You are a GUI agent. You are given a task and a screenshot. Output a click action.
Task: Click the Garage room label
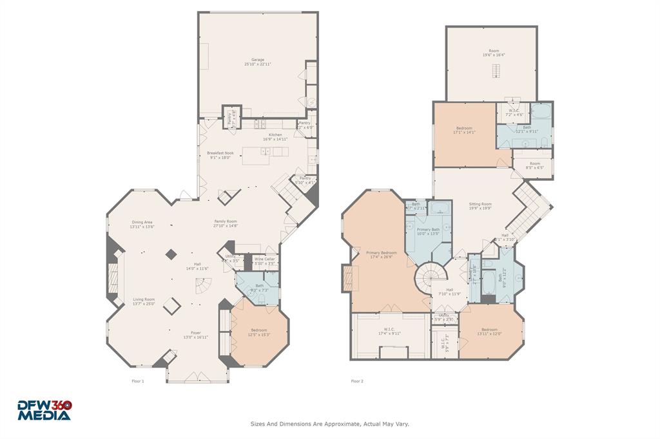(x=258, y=60)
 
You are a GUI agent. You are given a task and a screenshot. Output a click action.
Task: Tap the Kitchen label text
(x=275, y=135)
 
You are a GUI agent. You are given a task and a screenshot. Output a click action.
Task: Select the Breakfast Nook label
(x=220, y=153)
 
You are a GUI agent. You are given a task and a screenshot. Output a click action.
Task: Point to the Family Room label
(x=226, y=221)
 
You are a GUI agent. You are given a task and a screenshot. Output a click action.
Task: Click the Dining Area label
(x=142, y=222)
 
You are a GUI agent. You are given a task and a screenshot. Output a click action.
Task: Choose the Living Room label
(x=144, y=299)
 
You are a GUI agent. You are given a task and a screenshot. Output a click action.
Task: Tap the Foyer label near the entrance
(x=195, y=333)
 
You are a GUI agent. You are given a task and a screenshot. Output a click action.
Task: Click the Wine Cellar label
(x=264, y=259)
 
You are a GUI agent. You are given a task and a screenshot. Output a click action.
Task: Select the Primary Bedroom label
(x=382, y=253)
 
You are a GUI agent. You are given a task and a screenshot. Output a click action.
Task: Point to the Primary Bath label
(x=428, y=229)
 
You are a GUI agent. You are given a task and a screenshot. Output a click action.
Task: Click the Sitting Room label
(x=480, y=204)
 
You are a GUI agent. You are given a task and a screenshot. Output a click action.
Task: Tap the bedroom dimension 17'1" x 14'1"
(x=464, y=133)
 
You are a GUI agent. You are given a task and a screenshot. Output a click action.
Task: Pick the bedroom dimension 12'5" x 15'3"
(x=258, y=334)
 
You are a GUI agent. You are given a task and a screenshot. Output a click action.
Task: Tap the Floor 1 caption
(x=138, y=381)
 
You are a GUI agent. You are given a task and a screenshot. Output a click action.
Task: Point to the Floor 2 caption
(x=357, y=381)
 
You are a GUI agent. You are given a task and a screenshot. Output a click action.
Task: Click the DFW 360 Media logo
(x=44, y=410)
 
